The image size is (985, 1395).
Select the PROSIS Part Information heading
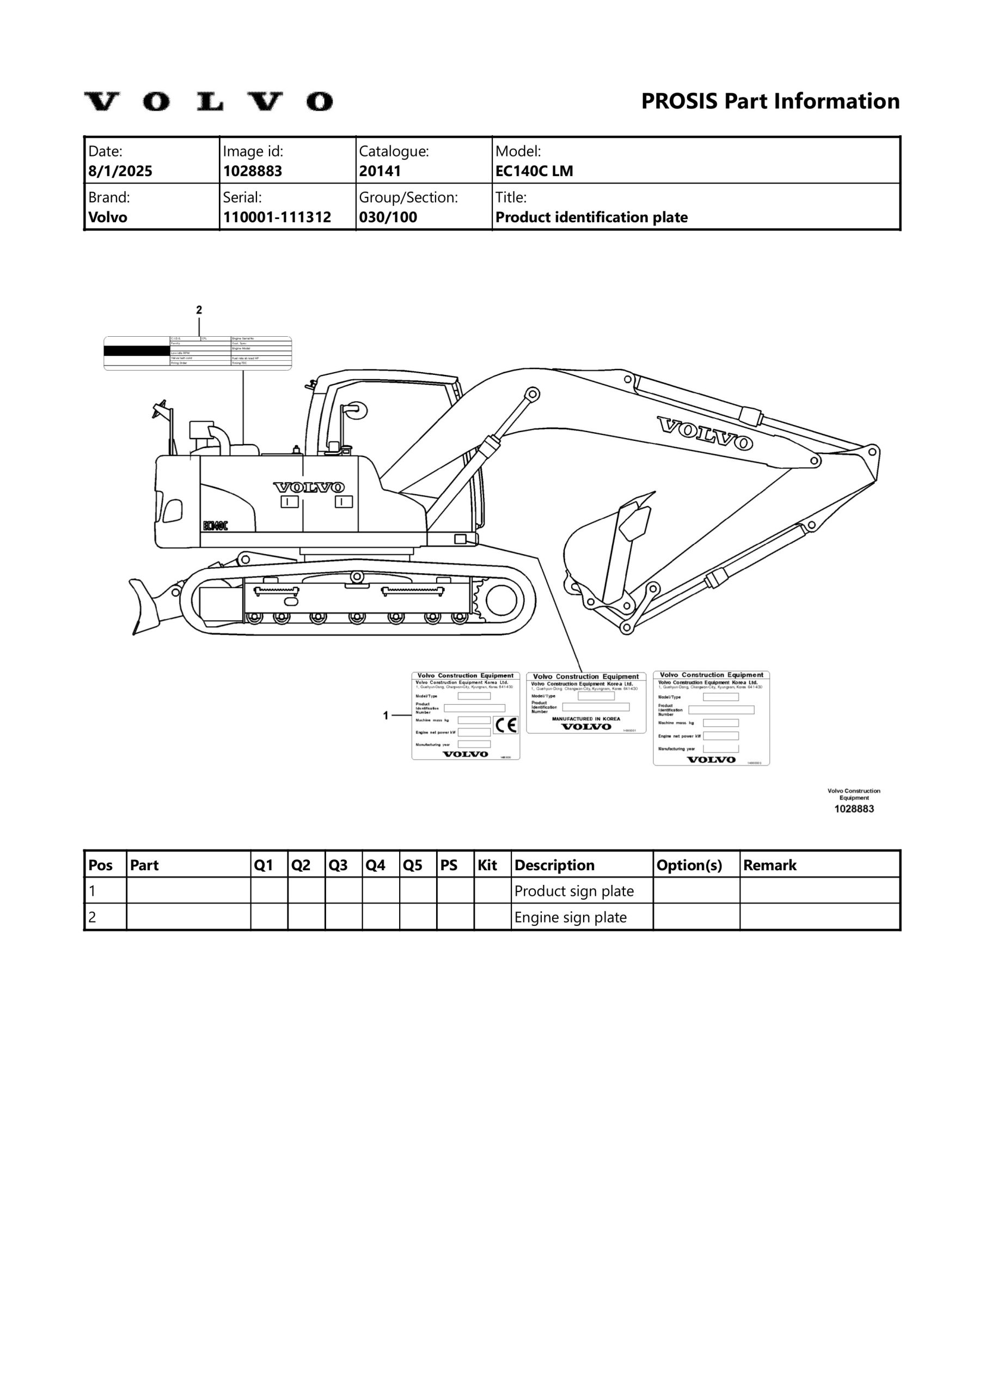coord(770,101)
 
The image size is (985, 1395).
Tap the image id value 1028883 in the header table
coord(253,171)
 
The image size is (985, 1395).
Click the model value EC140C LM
coord(534,171)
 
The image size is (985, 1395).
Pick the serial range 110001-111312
coord(277,217)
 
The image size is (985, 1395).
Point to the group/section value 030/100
coord(388,217)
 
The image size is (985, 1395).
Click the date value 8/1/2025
coord(120,171)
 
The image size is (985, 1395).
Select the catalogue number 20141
coord(380,171)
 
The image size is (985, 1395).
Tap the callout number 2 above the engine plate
coord(199,310)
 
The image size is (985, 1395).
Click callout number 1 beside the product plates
coord(386,715)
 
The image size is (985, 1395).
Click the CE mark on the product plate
coord(505,725)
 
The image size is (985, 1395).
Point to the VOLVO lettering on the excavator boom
coord(705,433)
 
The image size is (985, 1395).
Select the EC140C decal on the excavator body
coord(216,525)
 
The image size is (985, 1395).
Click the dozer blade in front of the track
coord(148,606)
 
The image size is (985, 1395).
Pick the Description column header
coord(554,865)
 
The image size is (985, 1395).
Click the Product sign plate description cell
coord(574,891)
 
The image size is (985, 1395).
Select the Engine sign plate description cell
coord(570,918)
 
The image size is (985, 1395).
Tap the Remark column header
coord(769,865)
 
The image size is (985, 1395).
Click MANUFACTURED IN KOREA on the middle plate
coord(586,719)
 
